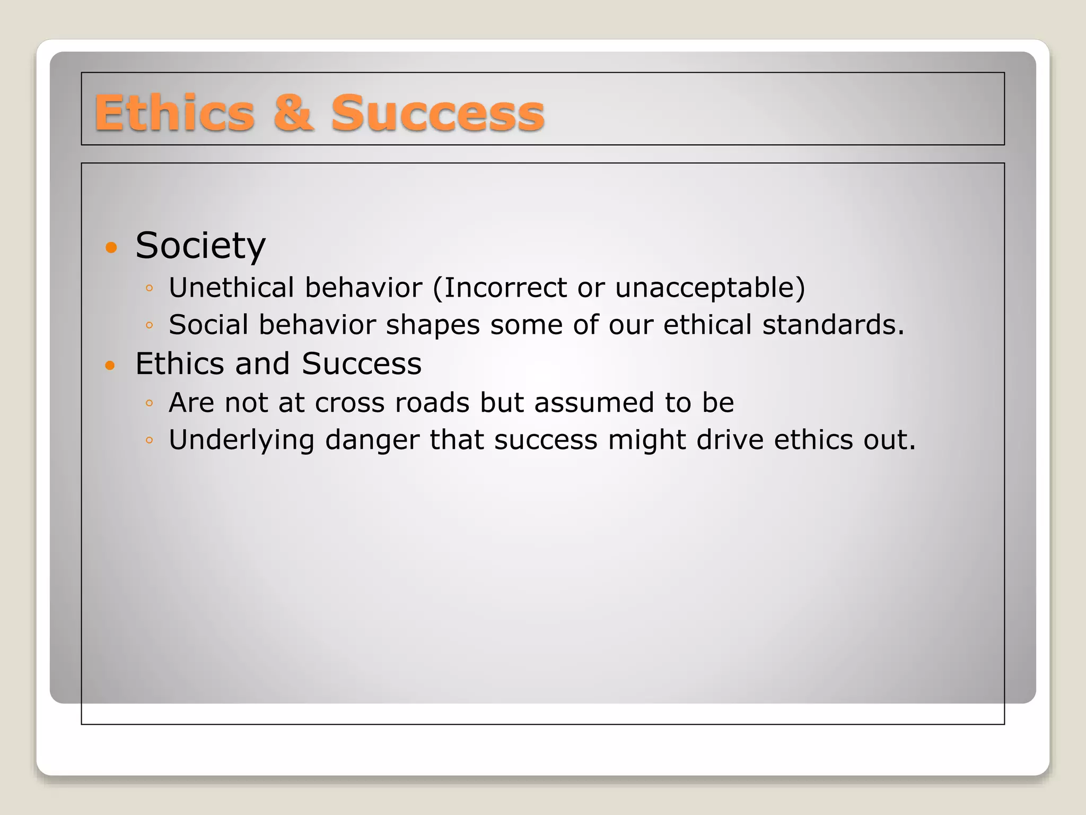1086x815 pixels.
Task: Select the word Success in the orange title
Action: (437, 113)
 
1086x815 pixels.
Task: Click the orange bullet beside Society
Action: (111, 247)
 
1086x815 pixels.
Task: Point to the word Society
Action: (200, 246)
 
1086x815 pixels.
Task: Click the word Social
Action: (208, 325)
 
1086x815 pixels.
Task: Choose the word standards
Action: (833, 325)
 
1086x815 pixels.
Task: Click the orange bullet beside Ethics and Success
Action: (110, 365)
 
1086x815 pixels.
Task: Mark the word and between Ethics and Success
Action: (262, 364)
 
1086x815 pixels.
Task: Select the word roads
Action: (432, 403)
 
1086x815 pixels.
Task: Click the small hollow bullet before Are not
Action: (149, 403)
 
